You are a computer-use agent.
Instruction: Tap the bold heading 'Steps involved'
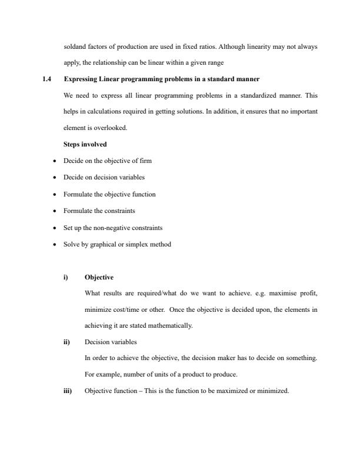(x=85, y=144)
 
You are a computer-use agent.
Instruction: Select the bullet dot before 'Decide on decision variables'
(x=55, y=177)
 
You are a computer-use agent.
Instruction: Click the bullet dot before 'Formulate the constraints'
(x=55, y=211)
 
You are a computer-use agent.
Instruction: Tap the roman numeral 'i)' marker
(x=66, y=277)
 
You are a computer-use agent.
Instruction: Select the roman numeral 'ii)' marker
(x=66, y=341)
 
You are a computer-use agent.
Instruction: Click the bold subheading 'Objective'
(x=99, y=277)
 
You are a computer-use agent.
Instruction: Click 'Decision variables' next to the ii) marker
(x=111, y=341)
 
